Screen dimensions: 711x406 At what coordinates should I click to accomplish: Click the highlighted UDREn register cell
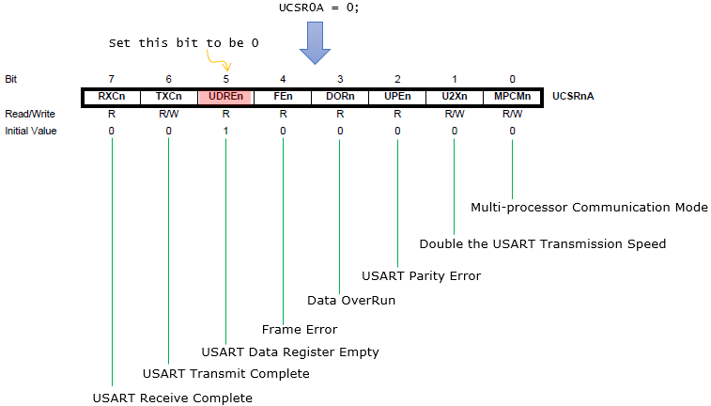[225, 97]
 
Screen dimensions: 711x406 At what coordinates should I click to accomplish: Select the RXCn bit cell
[112, 97]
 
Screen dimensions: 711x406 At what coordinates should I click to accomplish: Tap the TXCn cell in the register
[169, 97]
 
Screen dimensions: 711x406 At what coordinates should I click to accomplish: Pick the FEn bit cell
[283, 97]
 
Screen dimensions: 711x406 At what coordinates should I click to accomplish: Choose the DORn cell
[340, 97]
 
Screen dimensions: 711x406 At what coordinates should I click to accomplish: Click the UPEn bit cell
[397, 97]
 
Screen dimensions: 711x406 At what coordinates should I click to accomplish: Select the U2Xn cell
[455, 97]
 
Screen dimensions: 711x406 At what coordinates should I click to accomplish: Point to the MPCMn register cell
[512, 97]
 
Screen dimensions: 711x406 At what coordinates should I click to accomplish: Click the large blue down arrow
[315, 43]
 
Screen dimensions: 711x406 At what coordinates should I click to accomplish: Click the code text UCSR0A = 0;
[318, 8]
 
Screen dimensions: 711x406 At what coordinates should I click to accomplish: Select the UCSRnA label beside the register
[573, 96]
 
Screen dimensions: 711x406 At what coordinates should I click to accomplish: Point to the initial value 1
[225, 131]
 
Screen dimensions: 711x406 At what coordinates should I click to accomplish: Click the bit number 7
[112, 79]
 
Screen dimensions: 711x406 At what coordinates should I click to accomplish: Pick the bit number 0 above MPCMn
[513, 79]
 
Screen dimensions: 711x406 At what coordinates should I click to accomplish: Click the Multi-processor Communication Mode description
[589, 208]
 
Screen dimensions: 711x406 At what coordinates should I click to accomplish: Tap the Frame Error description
[300, 329]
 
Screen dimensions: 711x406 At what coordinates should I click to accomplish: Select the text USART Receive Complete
[172, 398]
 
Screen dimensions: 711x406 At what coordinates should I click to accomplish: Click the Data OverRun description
[351, 301]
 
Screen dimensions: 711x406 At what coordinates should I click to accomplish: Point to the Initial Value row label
[31, 131]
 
